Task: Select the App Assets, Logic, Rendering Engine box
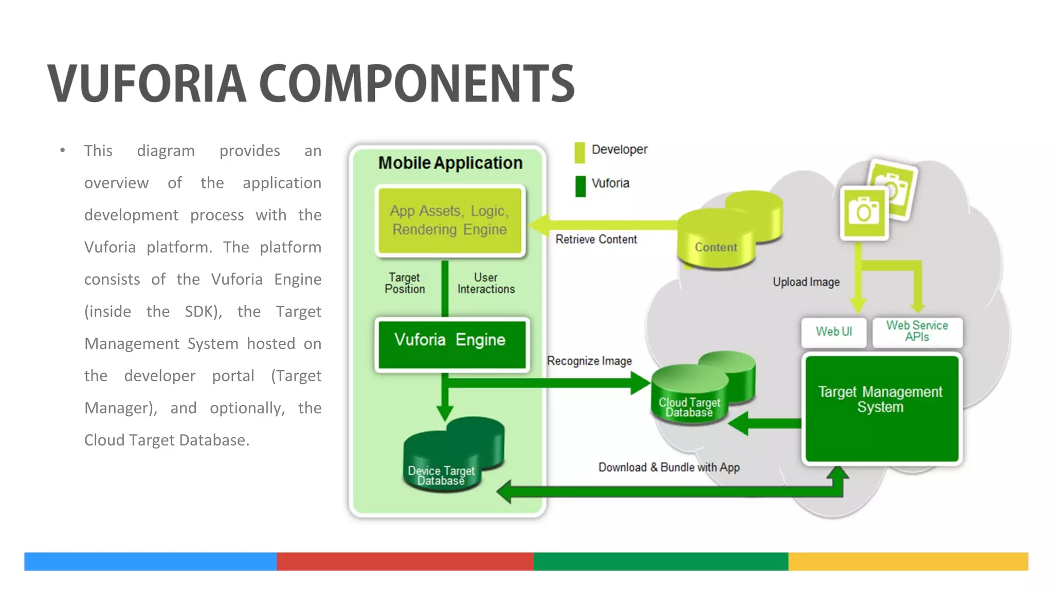450,220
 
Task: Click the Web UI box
833,332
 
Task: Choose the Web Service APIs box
917,331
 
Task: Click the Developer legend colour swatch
580,152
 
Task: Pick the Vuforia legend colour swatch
580,186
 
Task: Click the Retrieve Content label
596,239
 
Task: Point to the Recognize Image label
589,361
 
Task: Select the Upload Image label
806,282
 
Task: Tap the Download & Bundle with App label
669,468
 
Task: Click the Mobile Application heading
450,163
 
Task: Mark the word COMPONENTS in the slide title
416,83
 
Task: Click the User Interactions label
486,283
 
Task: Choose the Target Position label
405,283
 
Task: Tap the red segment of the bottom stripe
405,561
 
